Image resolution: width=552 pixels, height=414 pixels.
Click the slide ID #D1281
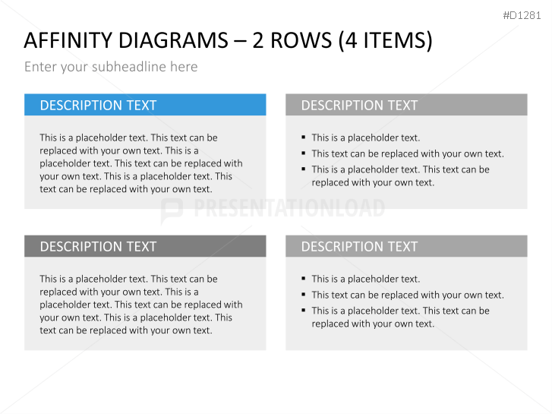pyautogui.click(x=522, y=15)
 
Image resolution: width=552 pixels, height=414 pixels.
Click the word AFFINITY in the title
pyautogui.click(x=68, y=40)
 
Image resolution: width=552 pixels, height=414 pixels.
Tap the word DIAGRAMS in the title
pyautogui.click(x=173, y=40)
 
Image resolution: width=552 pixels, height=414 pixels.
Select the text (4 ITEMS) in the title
pyautogui.click(x=385, y=41)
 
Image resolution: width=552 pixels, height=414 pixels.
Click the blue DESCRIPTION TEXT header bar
pyautogui.click(x=145, y=105)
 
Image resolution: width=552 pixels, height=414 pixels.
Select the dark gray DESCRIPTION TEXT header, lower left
pyautogui.click(x=145, y=246)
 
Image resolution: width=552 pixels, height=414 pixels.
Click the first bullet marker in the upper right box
pyautogui.click(x=304, y=137)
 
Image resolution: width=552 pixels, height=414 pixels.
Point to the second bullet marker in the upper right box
pyautogui.click(x=304, y=153)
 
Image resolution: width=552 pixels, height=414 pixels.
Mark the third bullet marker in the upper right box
pyautogui.click(x=304, y=169)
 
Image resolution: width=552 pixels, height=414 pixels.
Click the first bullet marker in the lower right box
pyautogui.click(x=304, y=278)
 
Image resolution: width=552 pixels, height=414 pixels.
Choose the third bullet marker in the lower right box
pyautogui.click(x=304, y=310)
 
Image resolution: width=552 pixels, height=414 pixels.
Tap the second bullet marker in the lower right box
pyautogui.click(x=304, y=294)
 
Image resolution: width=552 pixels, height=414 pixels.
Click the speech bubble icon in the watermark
pyautogui.click(x=172, y=210)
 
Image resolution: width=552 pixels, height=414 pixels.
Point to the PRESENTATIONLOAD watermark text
pyautogui.click(x=289, y=208)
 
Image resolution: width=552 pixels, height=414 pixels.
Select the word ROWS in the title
pyautogui.click(x=301, y=40)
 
